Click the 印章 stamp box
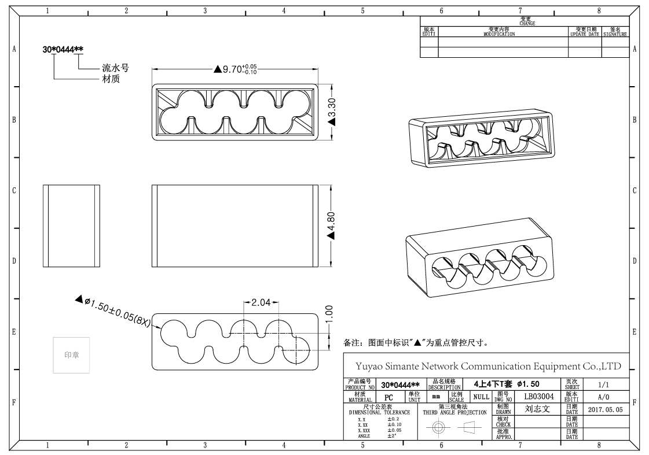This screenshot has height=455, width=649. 71,354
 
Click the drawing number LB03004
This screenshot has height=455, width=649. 539,397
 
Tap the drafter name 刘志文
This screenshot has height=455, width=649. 537,409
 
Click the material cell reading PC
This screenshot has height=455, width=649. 388,398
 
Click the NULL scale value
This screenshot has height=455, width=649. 481,397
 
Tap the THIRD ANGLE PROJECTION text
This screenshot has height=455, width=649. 454,412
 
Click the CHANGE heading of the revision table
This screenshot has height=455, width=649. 527,23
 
